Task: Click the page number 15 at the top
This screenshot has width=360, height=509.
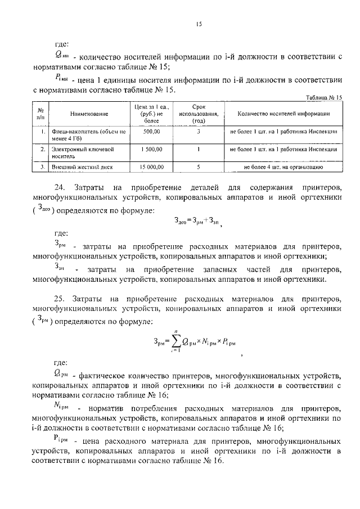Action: [x=198, y=24]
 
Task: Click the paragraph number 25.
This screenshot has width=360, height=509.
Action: [x=62, y=297]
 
